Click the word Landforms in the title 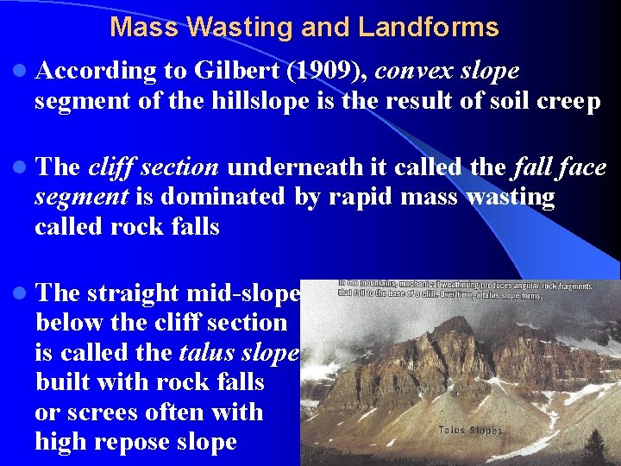pyautogui.click(x=428, y=28)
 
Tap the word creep pyautogui.click(x=570, y=102)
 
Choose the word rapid pyautogui.click(x=343, y=197)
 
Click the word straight pyautogui.click(x=136, y=293)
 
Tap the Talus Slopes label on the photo pyautogui.click(x=470, y=430)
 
